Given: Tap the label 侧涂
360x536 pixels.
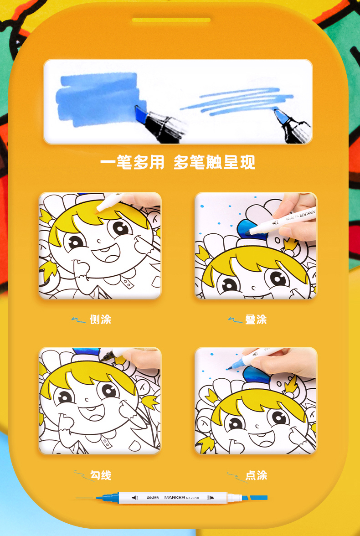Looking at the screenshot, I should [x=100, y=320].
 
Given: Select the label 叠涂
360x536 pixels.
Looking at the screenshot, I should [x=256, y=320].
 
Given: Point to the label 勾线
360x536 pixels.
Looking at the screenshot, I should [x=100, y=475].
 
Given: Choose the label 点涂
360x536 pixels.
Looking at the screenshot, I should [x=256, y=475].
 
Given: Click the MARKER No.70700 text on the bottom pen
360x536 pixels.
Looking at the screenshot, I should [x=181, y=497].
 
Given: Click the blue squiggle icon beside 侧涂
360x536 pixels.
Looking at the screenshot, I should [x=78, y=320].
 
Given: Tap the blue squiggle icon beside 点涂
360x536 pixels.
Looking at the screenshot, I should [x=235, y=477].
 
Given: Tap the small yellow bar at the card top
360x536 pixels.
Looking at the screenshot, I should [x=171, y=20].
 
